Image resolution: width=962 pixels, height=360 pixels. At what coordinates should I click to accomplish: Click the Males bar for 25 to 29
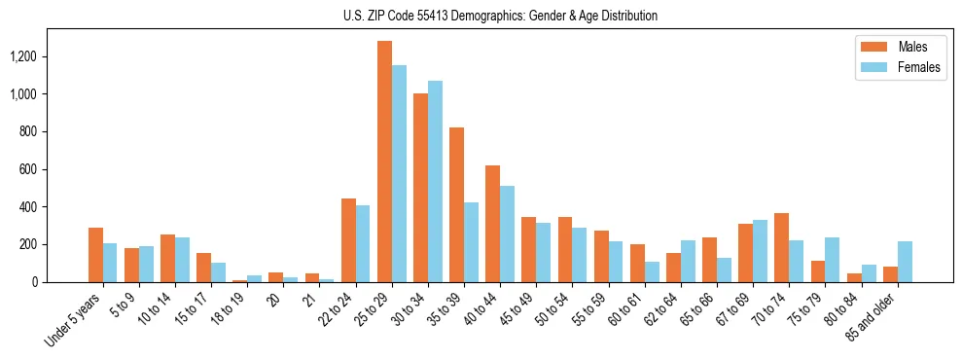(x=384, y=162)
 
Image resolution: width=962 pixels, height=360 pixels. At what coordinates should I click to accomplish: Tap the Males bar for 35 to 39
(x=456, y=204)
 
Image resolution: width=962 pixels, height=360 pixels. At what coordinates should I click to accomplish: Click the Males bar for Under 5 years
(x=95, y=255)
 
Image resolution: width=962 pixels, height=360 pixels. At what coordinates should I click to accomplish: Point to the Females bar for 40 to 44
(x=507, y=234)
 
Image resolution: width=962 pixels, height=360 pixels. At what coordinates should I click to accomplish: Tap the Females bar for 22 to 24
(x=363, y=243)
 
